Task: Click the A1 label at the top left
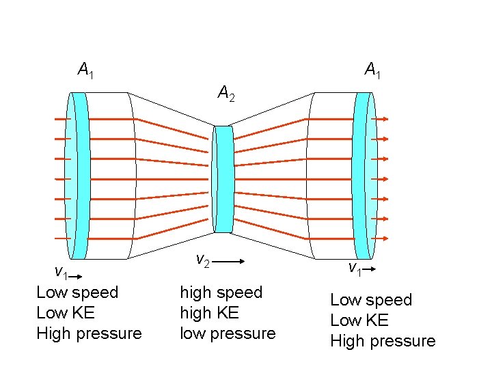click(85, 70)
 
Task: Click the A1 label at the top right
click(372, 70)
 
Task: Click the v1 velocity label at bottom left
click(61, 274)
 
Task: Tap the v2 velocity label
click(202, 260)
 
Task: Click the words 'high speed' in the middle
click(221, 292)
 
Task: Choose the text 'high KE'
click(209, 313)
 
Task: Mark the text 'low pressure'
click(228, 333)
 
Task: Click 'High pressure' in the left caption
click(89, 333)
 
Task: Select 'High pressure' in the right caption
click(383, 341)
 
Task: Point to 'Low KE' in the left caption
click(66, 313)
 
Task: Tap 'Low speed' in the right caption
click(371, 300)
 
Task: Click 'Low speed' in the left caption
click(77, 292)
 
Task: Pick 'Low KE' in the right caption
click(359, 320)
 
